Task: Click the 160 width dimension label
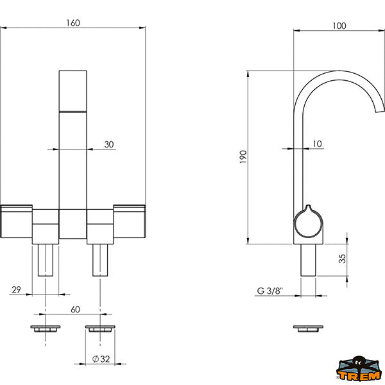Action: point(73,23)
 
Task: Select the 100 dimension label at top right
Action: point(339,26)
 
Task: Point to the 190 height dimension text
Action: point(243,157)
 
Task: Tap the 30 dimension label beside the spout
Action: point(109,144)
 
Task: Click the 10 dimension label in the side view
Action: point(317,144)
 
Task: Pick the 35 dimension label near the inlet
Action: point(342,259)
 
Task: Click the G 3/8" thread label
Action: point(270,291)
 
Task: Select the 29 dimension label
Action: point(16,290)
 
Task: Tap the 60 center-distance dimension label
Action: point(75,309)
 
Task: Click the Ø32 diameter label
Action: point(101,359)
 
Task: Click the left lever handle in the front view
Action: point(16,221)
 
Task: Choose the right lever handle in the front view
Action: point(130,221)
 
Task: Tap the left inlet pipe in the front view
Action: point(46,260)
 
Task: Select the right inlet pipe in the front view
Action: point(100,260)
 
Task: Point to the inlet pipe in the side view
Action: point(309,260)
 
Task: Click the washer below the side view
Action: point(309,329)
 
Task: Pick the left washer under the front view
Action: point(46,329)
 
